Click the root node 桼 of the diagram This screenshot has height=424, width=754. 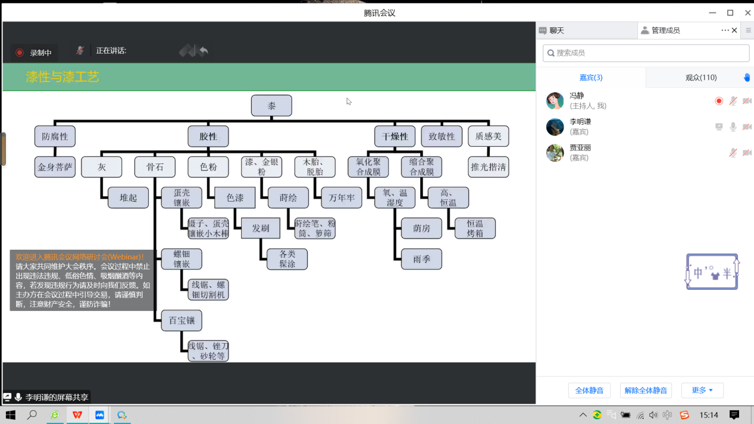(x=271, y=106)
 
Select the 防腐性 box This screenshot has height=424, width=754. (x=55, y=136)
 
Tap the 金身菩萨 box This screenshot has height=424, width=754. (x=55, y=167)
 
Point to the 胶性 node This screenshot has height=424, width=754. (x=208, y=136)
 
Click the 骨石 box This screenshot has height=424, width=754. (x=155, y=167)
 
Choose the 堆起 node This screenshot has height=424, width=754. (x=128, y=197)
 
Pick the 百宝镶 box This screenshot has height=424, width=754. (x=182, y=321)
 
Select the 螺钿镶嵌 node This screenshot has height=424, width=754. (x=182, y=259)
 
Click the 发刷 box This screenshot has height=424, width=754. (x=261, y=228)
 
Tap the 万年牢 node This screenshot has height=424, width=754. (x=342, y=197)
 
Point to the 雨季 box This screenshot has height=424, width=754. (x=421, y=259)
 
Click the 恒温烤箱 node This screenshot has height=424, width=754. (x=475, y=228)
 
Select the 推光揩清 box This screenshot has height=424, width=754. (x=488, y=167)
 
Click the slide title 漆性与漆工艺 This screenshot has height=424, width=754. (x=62, y=77)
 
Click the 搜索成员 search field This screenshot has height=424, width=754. (x=646, y=53)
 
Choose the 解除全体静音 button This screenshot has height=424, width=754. (x=646, y=390)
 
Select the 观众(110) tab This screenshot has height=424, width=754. (x=700, y=77)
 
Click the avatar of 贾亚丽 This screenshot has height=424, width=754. (x=555, y=153)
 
